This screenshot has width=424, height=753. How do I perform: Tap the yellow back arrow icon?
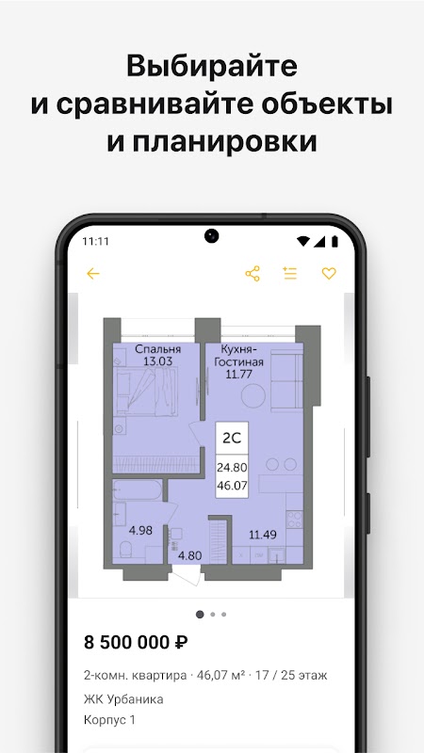pyautogui.click(x=92, y=274)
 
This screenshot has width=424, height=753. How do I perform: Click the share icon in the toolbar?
pyautogui.click(x=253, y=274)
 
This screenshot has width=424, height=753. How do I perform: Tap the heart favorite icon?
pyautogui.click(x=329, y=274)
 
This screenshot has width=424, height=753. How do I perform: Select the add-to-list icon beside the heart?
pyautogui.click(x=290, y=273)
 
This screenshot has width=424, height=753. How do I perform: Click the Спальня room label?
pyautogui.click(x=157, y=349)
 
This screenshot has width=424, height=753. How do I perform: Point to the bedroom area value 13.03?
pyautogui.click(x=157, y=361)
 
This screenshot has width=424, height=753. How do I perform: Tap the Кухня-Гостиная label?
pyautogui.click(x=238, y=356)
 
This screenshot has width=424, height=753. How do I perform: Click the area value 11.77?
pyautogui.click(x=239, y=374)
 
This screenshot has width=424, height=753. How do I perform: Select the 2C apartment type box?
pyautogui.click(x=232, y=438)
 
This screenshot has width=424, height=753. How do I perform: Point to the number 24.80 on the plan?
pyautogui.click(x=232, y=467)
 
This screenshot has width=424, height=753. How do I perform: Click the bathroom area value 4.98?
pyautogui.click(x=140, y=531)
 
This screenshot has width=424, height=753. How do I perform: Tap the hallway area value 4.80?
pyautogui.click(x=190, y=556)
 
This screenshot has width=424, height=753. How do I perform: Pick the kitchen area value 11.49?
pyautogui.click(x=263, y=535)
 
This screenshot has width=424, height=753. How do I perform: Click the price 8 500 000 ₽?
pyautogui.click(x=136, y=642)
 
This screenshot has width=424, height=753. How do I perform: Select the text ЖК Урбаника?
pyautogui.click(x=123, y=698)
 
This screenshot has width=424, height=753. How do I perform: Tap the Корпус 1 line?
pyautogui.click(x=109, y=720)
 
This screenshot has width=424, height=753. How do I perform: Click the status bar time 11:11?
pyautogui.click(x=96, y=241)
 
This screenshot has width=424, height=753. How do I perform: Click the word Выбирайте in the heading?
pyautogui.click(x=212, y=66)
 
